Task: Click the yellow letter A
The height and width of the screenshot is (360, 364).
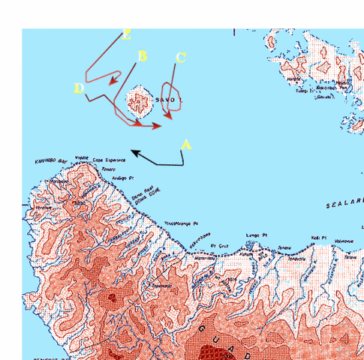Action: tap(187, 144)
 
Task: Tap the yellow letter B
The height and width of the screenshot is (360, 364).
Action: tap(143, 56)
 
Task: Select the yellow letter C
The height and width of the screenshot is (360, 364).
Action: tap(180, 58)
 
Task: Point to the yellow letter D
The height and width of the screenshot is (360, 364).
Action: tap(79, 88)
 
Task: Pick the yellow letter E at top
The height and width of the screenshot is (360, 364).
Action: tap(127, 34)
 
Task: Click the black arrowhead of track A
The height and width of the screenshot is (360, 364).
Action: tap(134, 151)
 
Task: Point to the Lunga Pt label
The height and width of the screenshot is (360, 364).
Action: tap(257, 235)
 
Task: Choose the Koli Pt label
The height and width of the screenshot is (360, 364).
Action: tap(318, 239)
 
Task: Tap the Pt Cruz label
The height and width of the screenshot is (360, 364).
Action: tap(218, 244)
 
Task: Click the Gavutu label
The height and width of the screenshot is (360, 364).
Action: tap(324, 97)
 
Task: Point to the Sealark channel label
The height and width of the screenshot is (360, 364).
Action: tap(345, 205)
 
